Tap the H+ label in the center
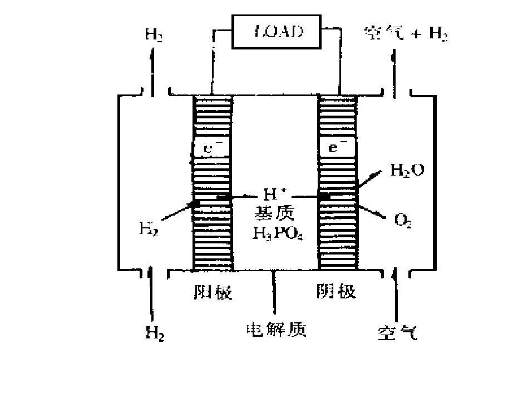(x=271, y=194)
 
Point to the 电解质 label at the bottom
(x=277, y=329)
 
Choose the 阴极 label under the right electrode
(x=336, y=291)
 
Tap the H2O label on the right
(x=407, y=170)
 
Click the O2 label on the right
(x=402, y=221)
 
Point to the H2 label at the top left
(x=154, y=34)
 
